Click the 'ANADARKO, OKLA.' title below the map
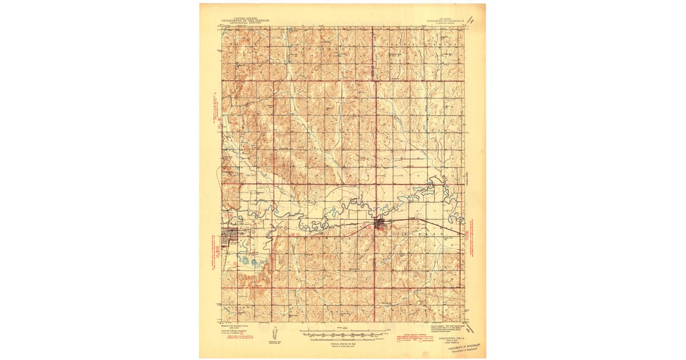click(x=450, y=339)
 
